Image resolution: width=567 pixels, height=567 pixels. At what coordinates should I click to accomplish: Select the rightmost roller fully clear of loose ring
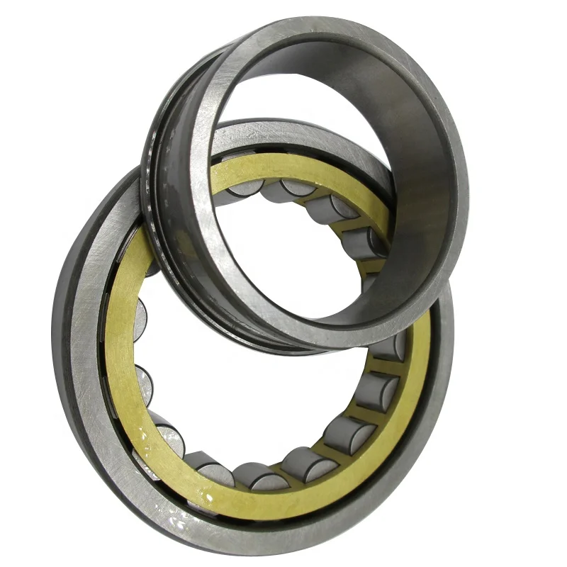(376, 390)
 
